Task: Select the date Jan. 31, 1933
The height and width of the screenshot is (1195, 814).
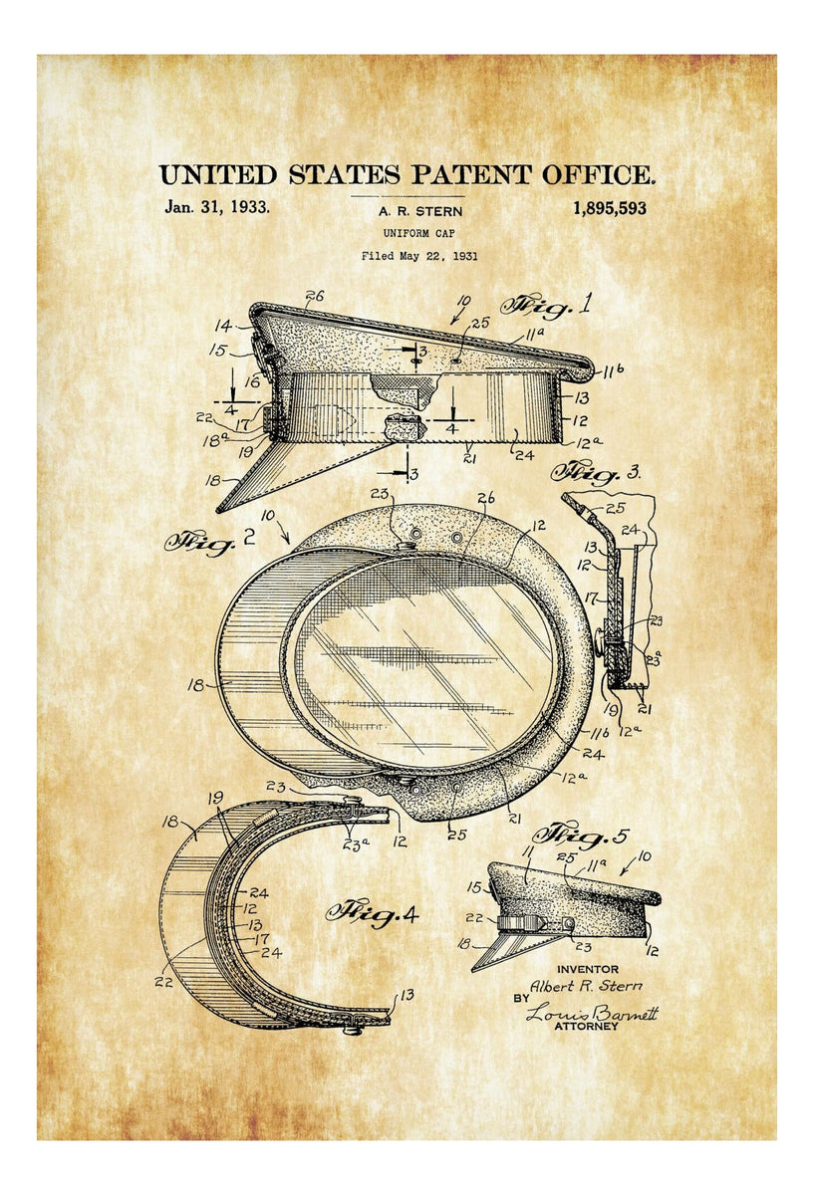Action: click(216, 208)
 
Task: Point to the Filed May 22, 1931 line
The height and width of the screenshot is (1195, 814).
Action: click(419, 256)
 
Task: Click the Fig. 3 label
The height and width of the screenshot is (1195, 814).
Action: click(597, 470)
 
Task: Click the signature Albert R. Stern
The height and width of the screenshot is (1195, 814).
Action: click(585, 986)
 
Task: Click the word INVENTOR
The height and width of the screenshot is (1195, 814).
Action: click(587, 969)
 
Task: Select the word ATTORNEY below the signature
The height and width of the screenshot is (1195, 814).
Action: click(587, 1027)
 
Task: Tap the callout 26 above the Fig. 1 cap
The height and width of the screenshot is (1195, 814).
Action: click(316, 296)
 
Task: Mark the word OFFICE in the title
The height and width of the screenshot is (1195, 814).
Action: click(598, 176)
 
